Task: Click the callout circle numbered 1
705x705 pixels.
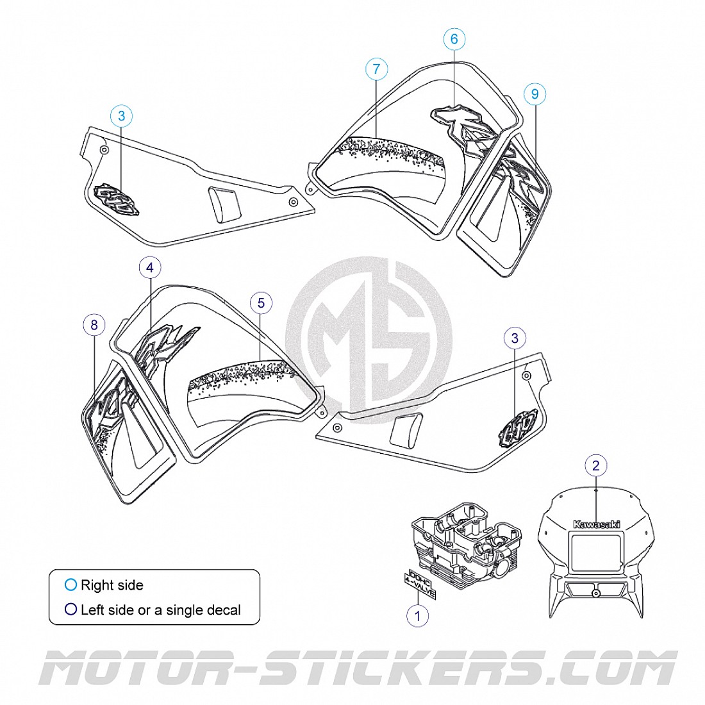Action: pos(418,616)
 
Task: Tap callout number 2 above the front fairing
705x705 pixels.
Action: pos(596,465)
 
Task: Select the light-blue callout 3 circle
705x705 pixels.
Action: pos(122,116)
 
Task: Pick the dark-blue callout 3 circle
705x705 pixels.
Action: pos(515,338)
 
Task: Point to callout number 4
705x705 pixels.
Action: pos(150,267)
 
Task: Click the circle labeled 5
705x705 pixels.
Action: pos(261,303)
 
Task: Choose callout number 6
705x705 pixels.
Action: pos(454,39)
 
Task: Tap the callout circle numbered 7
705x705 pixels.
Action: pos(376,69)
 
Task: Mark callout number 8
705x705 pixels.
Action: pos(94,325)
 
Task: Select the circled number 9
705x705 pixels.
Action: pos(535,94)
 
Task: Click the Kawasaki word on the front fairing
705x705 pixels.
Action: pos(597,524)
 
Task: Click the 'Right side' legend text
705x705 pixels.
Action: pos(112,585)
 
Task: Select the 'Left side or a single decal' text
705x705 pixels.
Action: pos(160,610)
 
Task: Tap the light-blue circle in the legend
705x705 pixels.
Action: pos(70,585)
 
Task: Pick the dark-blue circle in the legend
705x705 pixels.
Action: pos(70,610)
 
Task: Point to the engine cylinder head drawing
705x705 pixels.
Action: pos(465,538)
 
